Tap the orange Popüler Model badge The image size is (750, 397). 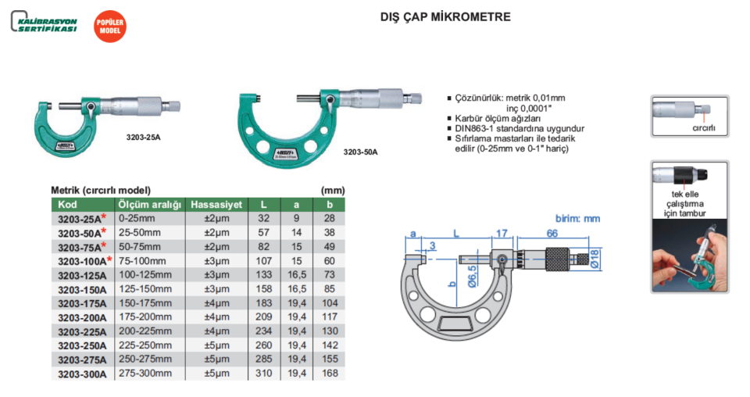pos(109,27)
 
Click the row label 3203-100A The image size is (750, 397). pos(81,260)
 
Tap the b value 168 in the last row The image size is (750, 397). pos(329,374)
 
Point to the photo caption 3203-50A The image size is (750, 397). pos(360,152)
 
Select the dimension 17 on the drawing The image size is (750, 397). pos(502,233)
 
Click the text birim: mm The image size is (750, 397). pos(580,219)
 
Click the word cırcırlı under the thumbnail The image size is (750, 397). pos(703,127)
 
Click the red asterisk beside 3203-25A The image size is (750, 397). pos(102,217)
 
